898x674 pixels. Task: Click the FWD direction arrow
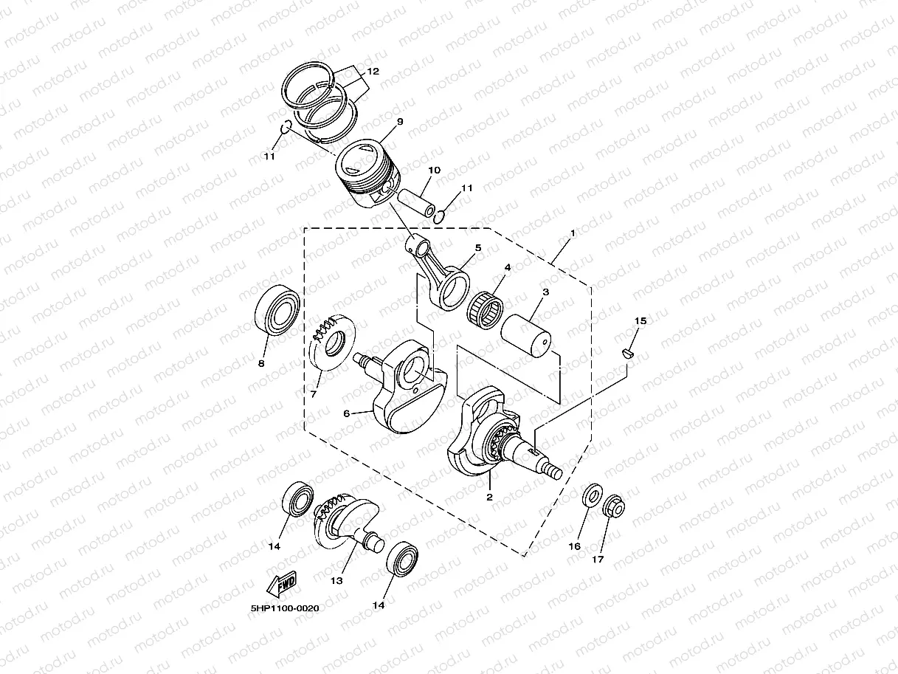click(x=282, y=583)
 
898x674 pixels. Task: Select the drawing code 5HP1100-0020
click(x=285, y=608)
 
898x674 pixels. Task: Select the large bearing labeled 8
click(x=277, y=310)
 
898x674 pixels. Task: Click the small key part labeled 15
click(x=628, y=353)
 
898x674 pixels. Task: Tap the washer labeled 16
click(x=592, y=496)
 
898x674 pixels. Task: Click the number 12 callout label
click(x=373, y=72)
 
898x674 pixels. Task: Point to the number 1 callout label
click(x=572, y=233)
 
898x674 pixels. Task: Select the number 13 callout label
click(x=336, y=580)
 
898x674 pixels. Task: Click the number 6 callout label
click(x=346, y=413)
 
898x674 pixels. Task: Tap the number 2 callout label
click(x=488, y=497)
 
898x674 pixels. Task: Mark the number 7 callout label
click(x=313, y=393)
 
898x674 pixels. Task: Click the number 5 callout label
click(x=477, y=247)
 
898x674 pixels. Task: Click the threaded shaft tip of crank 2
click(x=552, y=470)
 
